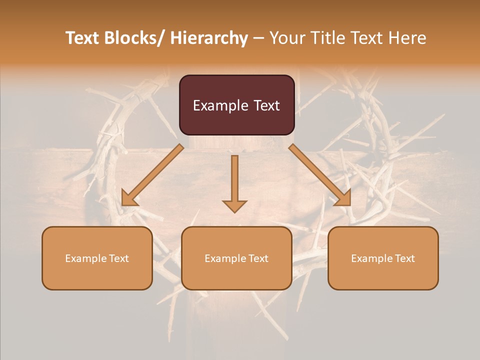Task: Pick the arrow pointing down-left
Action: click(x=153, y=175)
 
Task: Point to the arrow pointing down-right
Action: click(x=320, y=175)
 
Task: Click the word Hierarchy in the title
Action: click(x=209, y=38)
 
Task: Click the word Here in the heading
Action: click(x=407, y=38)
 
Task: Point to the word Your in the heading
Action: click(x=287, y=38)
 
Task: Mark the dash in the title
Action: click(x=258, y=38)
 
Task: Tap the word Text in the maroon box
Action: click(x=266, y=105)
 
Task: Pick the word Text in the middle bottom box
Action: click(x=257, y=258)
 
